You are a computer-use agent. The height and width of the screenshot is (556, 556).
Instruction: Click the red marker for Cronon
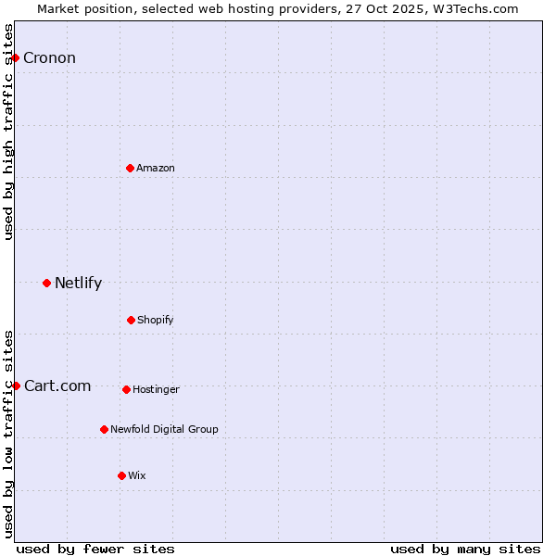tap(15, 57)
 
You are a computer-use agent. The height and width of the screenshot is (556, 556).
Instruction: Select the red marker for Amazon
tap(130, 168)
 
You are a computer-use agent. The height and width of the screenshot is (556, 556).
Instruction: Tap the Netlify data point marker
tap(46, 283)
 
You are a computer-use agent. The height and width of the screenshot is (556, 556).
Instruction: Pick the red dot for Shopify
tap(131, 320)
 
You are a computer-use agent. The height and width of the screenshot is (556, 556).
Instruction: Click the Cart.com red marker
tap(16, 385)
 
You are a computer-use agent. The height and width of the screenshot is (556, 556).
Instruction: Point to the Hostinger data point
tap(126, 389)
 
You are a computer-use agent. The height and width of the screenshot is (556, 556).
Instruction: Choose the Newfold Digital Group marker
tap(104, 429)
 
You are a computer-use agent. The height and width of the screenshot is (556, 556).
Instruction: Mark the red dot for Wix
tap(121, 475)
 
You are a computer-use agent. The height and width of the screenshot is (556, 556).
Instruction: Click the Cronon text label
tap(49, 58)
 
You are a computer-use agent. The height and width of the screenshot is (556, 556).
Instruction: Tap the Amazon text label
tap(156, 168)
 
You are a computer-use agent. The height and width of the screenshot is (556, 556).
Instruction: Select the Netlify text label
tap(78, 284)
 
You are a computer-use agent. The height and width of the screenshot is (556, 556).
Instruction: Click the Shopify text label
tap(156, 321)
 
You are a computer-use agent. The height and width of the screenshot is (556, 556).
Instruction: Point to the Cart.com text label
tap(57, 386)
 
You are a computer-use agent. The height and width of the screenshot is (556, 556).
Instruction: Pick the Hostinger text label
tap(156, 390)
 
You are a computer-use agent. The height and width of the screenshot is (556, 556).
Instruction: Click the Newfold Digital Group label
tap(164, 430)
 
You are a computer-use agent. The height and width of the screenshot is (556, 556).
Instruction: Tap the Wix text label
tap(137, 476)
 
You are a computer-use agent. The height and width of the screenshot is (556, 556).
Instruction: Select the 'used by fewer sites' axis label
tap(95, 549)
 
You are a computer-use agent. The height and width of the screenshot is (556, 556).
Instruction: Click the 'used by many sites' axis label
tap(465, 549)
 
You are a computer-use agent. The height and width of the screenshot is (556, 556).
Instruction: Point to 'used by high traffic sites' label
tap(8, 132)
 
